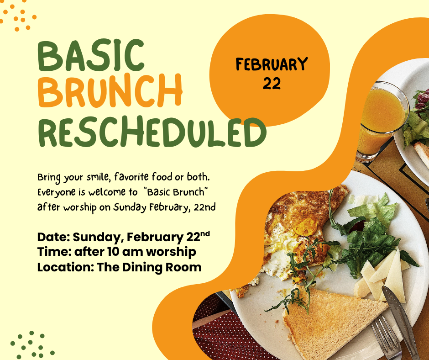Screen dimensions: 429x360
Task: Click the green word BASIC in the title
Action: click(91, 55)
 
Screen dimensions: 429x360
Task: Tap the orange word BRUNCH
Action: click(110, 91)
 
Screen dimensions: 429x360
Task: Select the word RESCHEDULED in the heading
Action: click(152, 132)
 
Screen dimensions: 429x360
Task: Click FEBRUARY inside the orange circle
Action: click(272, 64)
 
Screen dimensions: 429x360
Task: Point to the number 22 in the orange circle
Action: click(272, 83)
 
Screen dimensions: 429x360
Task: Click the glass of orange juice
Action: click(382, 121)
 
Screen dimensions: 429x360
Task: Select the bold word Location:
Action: click(66, 267)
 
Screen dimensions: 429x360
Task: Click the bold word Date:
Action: click(54, 237)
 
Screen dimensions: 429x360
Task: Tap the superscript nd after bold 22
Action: click(205, 234)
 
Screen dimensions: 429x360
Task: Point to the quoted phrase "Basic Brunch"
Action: click(175, 192)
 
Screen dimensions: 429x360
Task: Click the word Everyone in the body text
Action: click(56, 193)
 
